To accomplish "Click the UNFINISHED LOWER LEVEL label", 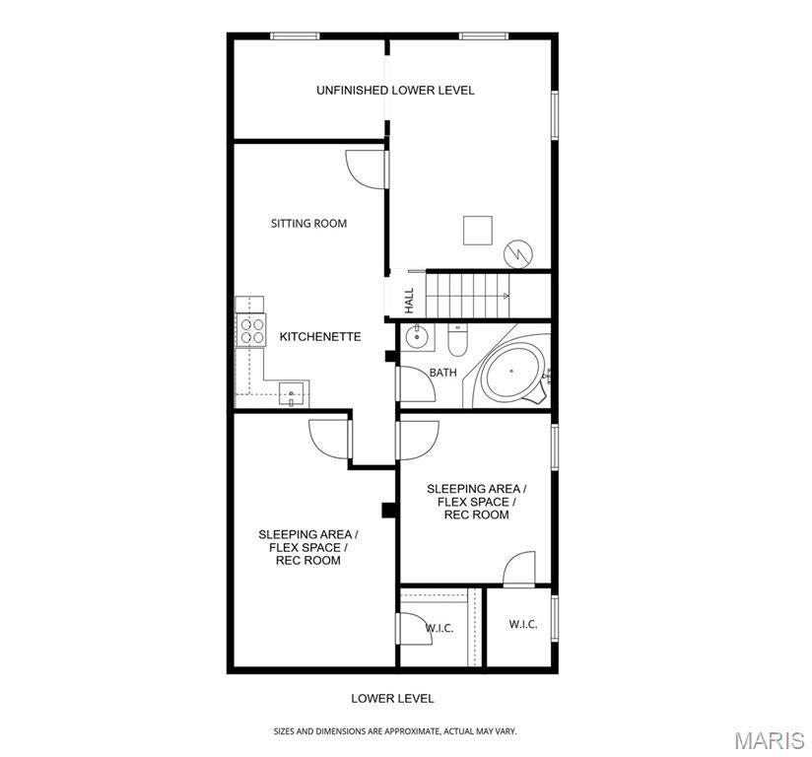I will [395, 90].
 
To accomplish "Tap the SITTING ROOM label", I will [308, 224].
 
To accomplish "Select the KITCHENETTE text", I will [320, 337].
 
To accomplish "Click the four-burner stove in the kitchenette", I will [251, 329].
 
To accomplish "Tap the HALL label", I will [409, 299].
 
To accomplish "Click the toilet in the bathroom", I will [458, 341].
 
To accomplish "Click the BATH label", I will [442, 373].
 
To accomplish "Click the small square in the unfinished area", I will [478, 230].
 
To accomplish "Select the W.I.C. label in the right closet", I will [523, 625].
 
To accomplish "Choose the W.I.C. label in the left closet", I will [439, 629].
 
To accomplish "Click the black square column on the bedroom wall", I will [388, 510].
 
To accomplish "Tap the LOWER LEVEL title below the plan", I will [392, 699].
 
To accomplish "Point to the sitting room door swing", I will [365, 168].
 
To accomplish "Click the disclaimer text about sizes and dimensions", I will [394, 731].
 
